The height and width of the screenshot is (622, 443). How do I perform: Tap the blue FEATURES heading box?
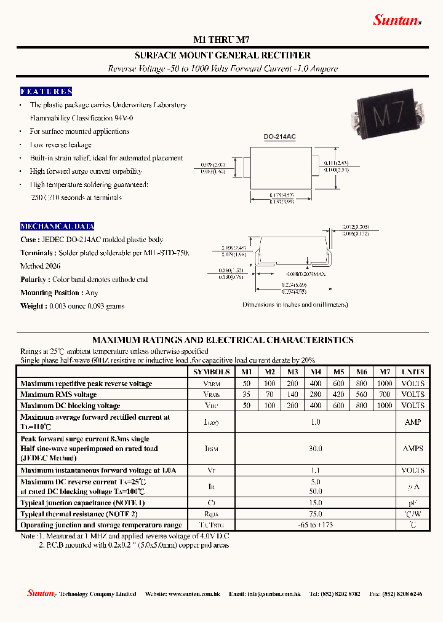click(x=46, y=92)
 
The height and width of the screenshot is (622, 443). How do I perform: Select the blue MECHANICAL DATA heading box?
click(x=57, y=226)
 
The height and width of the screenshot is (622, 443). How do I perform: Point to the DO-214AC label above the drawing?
click(x=279, y=137)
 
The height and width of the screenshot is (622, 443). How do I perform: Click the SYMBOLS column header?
click(x=211, y=372)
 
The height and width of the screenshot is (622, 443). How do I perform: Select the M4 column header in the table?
click(x=316, y=372)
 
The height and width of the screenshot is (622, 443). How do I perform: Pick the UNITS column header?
click(x=413, y=372)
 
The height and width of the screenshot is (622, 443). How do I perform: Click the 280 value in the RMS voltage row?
click(x=316, y=395)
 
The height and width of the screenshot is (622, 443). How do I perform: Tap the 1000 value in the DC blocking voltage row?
click(x=384, y=406)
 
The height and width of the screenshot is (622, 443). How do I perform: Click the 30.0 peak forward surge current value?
click(x=316, y=449)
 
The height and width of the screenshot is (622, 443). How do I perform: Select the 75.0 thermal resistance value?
click(x=316, y=514)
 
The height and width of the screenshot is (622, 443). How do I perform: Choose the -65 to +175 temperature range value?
click(x=316, y=525)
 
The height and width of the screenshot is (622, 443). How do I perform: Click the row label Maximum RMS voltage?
click(x=58, y=395)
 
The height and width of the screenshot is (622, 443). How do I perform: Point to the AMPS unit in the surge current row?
click(x=413, y=449)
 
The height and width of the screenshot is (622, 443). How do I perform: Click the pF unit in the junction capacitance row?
click(x=413, y=503)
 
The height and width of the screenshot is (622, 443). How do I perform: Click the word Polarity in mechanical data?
click(x=33, y=280)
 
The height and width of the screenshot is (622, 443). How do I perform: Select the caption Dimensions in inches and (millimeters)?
click(x=295, y=305)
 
